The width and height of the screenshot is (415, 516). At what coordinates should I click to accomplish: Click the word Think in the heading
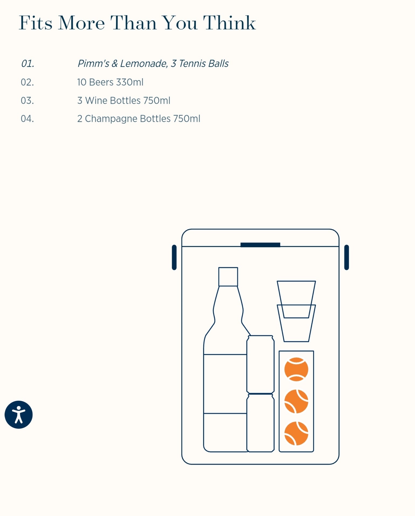click(229, 23)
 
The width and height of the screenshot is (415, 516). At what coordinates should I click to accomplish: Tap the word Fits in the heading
click(35, 23)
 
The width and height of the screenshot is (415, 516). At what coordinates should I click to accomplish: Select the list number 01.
click(28, 64)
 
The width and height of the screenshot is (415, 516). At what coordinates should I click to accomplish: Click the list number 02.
click(28, 82)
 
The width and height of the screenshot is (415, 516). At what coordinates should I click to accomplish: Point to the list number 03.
click(28, 101)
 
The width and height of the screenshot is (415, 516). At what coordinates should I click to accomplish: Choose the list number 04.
click(28, 119)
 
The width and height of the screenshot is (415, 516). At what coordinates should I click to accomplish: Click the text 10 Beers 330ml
click(110, 82)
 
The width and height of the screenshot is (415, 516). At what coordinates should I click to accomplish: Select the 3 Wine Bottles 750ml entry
click(124, 101)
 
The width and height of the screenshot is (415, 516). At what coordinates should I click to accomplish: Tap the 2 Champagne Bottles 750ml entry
click(139, 119)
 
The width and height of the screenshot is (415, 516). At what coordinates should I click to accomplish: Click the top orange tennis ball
click(296, 369)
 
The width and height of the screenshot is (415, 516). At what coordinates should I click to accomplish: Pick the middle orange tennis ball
click(296, 401)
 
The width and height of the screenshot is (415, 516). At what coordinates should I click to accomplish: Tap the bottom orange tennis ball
click(296, 433)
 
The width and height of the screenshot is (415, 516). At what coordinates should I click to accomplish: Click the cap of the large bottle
click(228, 277)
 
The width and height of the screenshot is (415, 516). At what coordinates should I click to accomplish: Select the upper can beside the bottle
click(260, 364)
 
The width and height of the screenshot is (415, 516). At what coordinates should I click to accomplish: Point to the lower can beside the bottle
click(260, 423)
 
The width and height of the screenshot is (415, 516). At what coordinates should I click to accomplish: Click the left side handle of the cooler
click(174, 257)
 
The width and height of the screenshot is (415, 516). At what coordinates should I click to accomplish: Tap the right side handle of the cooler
click(347, 257)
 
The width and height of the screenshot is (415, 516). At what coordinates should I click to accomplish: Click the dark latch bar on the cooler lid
click(260, 245)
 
